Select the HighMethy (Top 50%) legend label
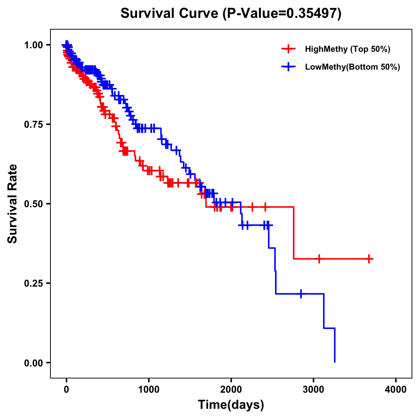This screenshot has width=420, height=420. pos(347,49)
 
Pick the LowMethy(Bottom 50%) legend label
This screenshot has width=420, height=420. pos(352,67)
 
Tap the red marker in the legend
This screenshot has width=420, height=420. pos(288,49)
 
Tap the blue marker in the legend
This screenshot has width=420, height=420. pos(288,67)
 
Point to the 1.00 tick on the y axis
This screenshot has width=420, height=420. pos(33,45)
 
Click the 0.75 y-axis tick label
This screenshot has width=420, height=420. pos(33,124)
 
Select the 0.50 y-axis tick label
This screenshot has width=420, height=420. pos(33,204)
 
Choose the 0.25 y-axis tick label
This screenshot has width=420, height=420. pos(33,283)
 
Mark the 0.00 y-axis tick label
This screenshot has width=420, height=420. pos(33,363)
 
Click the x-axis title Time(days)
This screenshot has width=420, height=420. pos(231,405)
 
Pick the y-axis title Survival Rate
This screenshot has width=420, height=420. pos(13,204)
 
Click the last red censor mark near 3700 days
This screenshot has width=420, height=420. pos(369,259)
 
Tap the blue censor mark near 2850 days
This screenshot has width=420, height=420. pos(301,294)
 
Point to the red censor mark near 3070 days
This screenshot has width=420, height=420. pos(319,259)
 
